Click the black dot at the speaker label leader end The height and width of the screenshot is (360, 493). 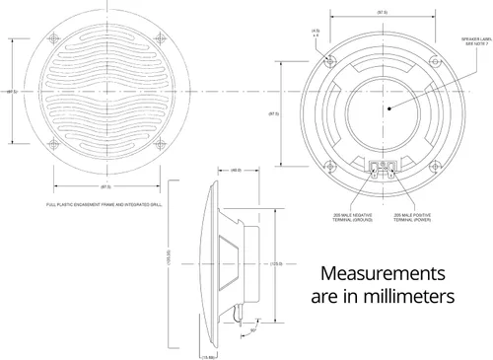[x=390, y=108]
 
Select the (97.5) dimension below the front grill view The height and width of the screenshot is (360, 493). [x=105, y=184]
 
